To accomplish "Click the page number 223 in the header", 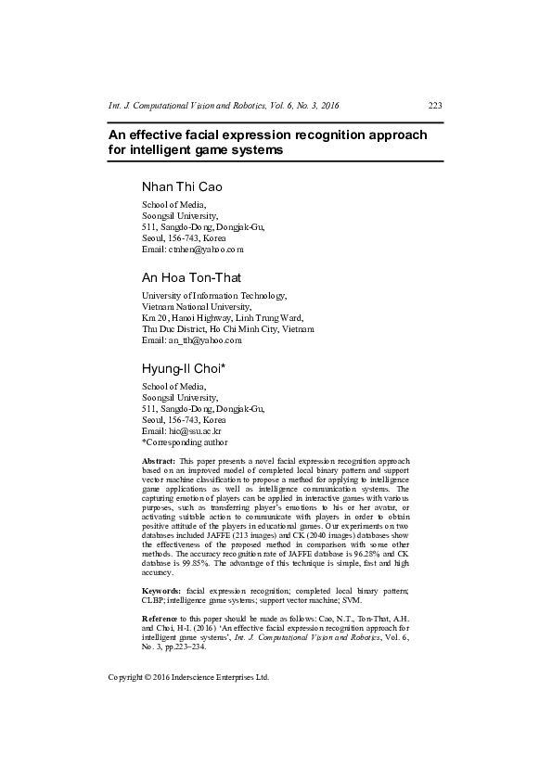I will tap(435, 106).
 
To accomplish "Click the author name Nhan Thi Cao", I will tap(181, 186).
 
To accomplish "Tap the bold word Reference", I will tap(161, 618).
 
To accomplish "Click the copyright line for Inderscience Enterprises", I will tap(188, 678).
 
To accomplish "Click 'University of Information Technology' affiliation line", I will tap(213, 296).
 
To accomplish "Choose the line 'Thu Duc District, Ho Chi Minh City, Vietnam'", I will tap(227, 329).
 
